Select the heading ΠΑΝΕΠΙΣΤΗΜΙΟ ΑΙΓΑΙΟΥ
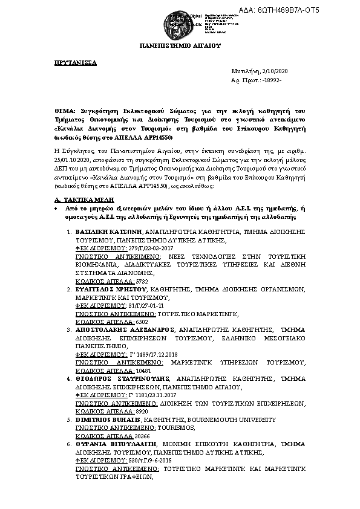[x=180, y=45]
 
